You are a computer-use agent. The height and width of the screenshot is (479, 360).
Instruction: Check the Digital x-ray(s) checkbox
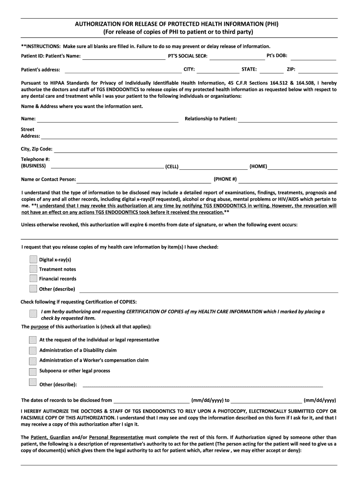(x=33, y=260)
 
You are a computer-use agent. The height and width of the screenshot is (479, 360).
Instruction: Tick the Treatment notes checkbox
(x=33, y=269)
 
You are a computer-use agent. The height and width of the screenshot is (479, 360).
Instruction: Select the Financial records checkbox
(x=33, y=279)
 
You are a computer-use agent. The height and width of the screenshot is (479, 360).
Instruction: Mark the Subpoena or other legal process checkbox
(x=33, y=371)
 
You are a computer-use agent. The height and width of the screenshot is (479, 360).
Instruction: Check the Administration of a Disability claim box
(x=33, y=350)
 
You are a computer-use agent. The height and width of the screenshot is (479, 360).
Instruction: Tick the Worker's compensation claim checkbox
(x=33, y=361)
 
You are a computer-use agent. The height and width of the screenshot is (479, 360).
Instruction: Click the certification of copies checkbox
(x=33, y=313)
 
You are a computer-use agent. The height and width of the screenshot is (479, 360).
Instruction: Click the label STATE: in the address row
(x=249, y=69)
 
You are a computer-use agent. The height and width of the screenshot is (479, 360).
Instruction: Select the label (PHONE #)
(x=225, y=179)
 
